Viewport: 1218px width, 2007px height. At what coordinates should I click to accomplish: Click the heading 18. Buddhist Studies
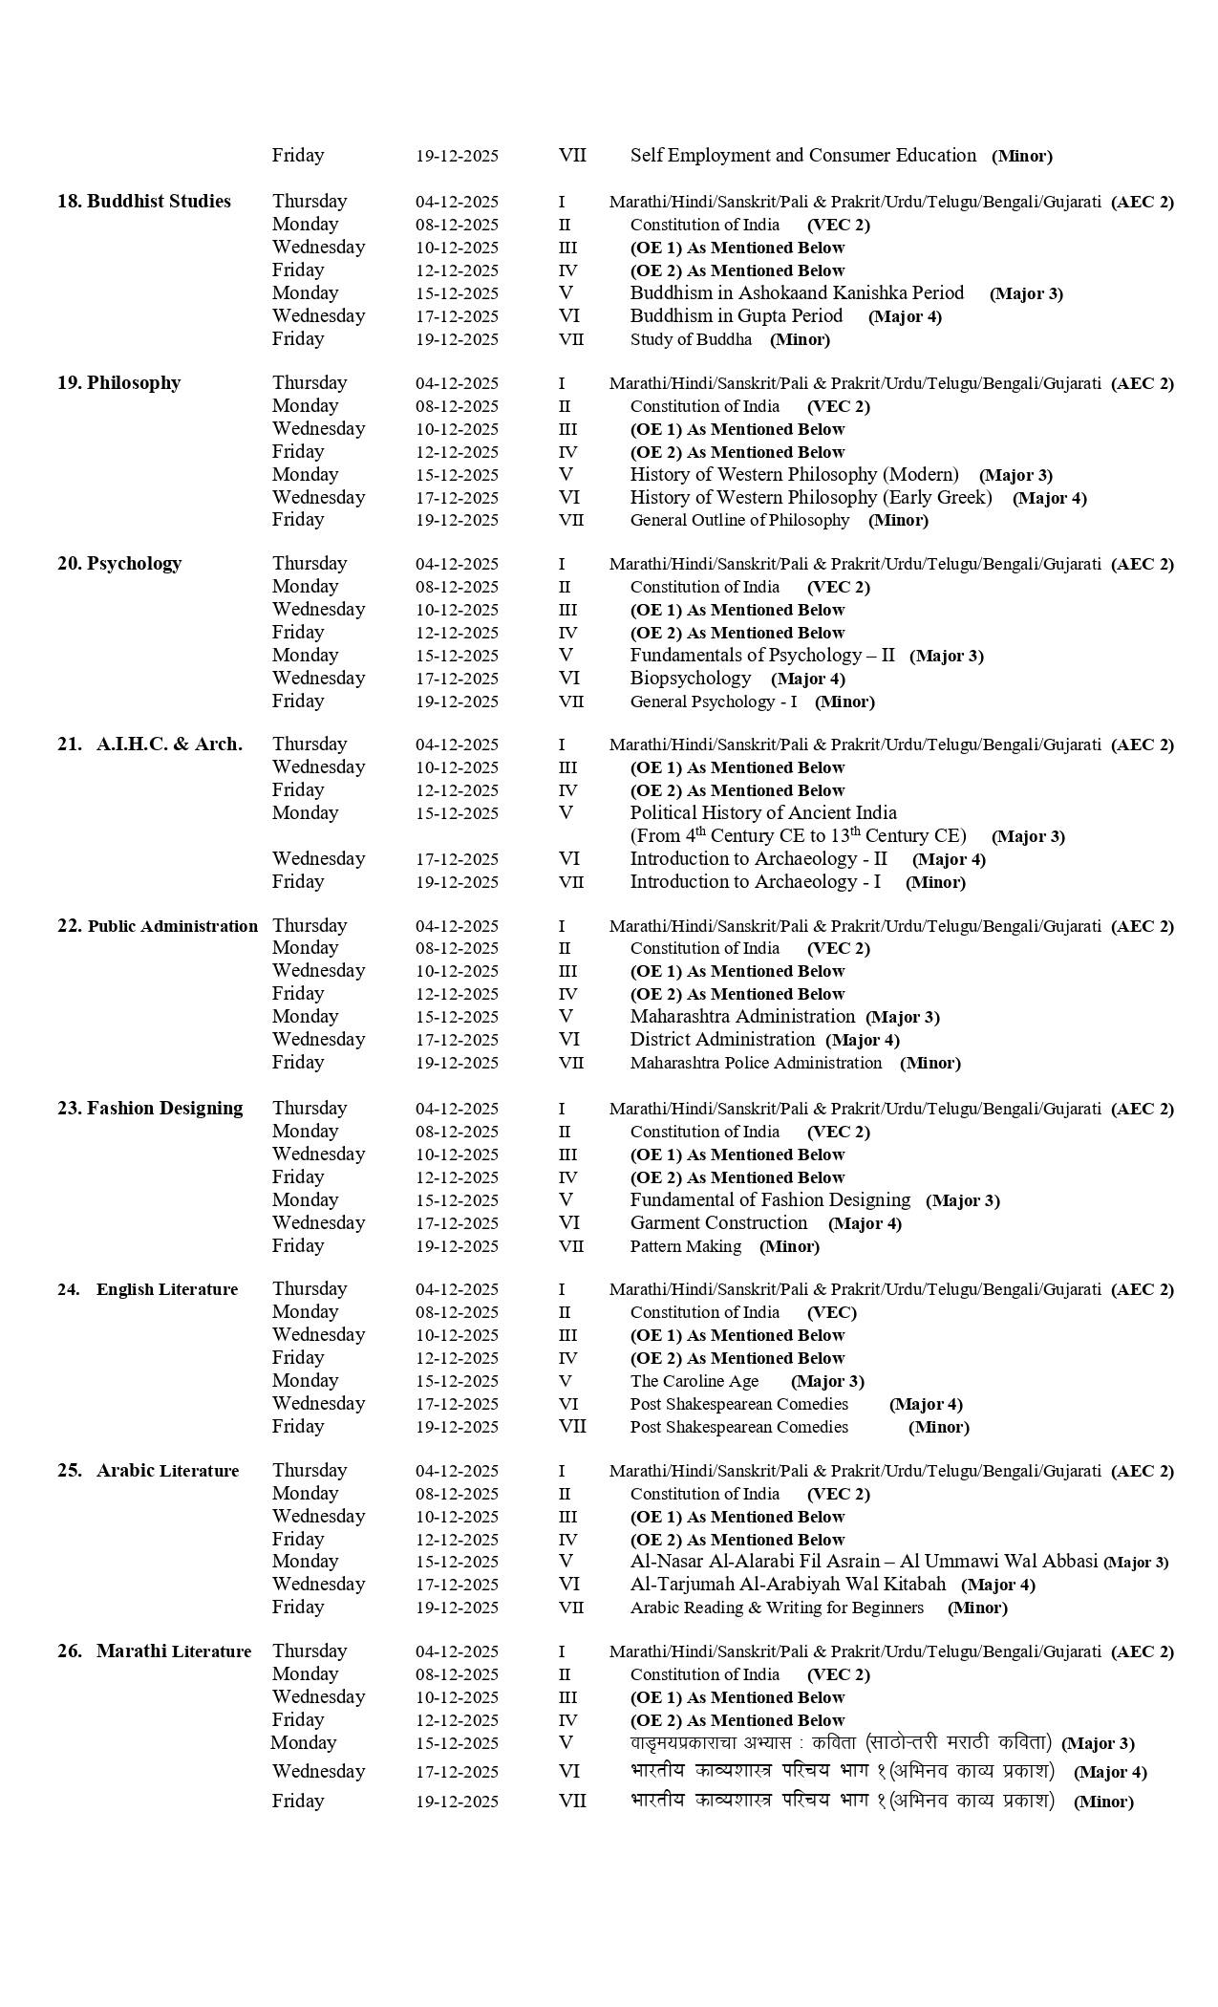point(143,202)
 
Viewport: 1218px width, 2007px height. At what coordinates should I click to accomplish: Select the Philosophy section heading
point(118,383)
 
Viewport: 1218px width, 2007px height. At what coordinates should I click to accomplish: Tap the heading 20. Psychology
point(119,564)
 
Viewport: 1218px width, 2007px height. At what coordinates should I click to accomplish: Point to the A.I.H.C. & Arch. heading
point(150,745)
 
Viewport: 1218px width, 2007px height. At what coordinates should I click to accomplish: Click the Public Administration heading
point(158,926)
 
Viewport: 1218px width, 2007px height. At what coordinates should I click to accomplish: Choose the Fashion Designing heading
point(150,1109)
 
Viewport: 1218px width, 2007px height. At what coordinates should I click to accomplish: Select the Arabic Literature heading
point(148,1471)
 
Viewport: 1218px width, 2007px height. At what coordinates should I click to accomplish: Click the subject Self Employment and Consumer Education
point(802,156)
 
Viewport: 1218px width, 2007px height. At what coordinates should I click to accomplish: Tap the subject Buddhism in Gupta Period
point(736,316)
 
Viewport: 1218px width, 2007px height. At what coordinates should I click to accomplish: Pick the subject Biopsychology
point(690,679)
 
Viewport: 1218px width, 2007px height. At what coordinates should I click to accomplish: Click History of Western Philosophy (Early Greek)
point(810,498)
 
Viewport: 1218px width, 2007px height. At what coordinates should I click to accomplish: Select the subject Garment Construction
point(718,1223)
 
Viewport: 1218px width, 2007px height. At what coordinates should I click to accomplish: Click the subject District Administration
point(721,1040)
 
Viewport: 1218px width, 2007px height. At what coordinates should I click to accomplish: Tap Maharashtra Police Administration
point(755,1063)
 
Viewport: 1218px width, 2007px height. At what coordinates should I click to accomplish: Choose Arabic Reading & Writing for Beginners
point(776,1608)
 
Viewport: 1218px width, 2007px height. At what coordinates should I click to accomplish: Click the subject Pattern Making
point(685,1246)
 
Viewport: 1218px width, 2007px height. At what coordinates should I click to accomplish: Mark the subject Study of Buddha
point(690,339)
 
